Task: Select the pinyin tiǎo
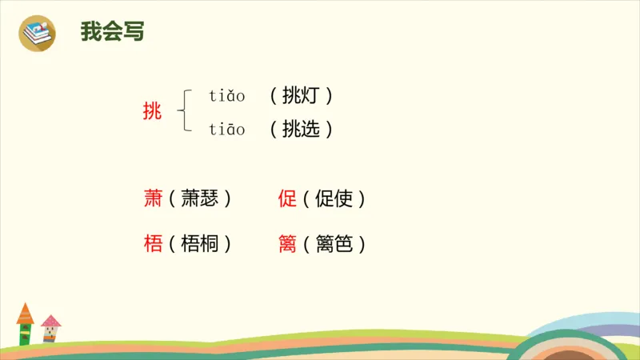[x=227, y=97]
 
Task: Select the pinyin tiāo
[x=227, y=129]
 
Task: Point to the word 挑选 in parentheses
[x=301, y=129]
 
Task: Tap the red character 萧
[x=153, y=198]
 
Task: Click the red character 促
[x=287, y=198]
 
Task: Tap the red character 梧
[x=153, y=244]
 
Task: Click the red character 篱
[x=287, y=244]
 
